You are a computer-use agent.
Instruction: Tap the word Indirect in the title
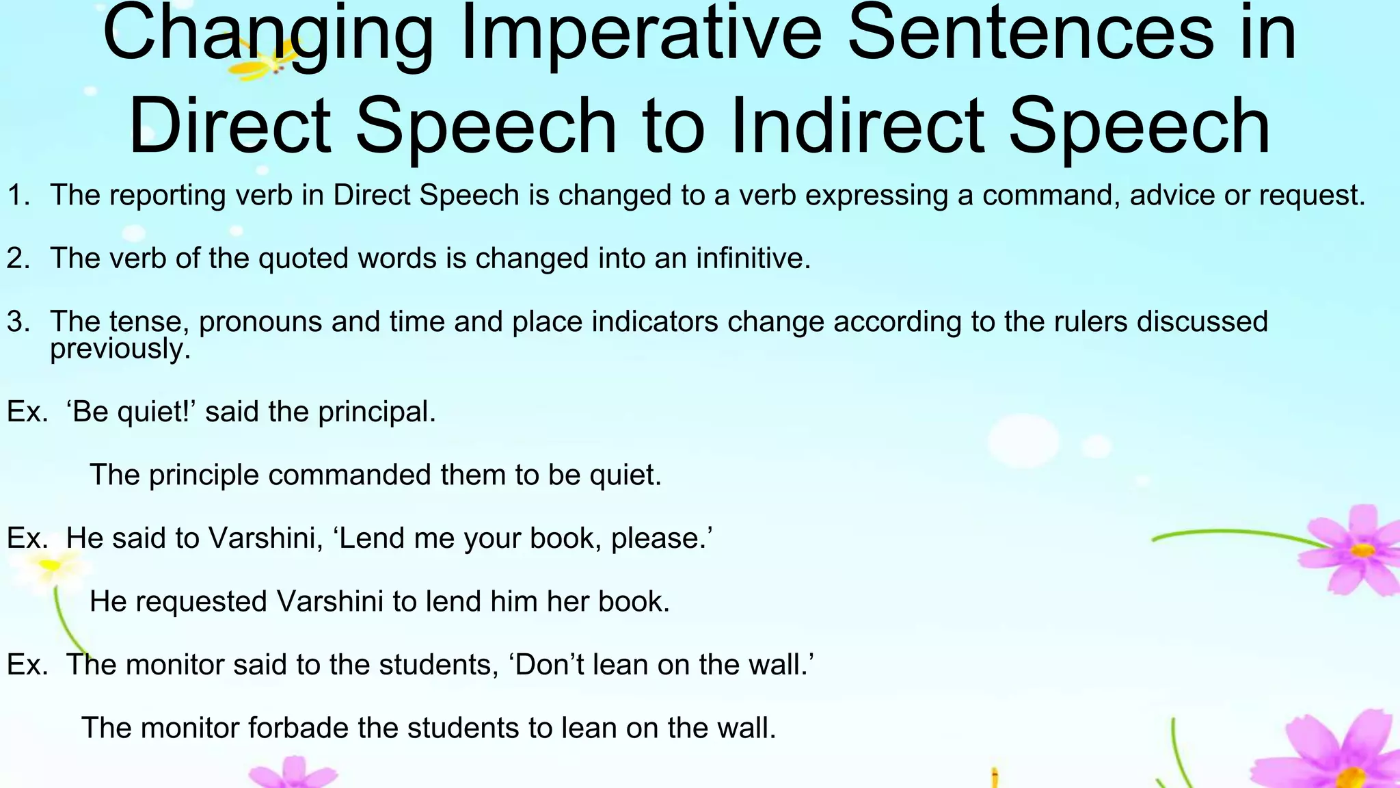click(857, 126)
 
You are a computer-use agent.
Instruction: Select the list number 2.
click(18, 259)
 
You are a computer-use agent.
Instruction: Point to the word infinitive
click(753, 259)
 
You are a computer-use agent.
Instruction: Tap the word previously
click(120, 349)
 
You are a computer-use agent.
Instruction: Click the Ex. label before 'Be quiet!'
click(27, 412)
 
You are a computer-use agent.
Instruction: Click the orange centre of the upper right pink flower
click(1362, 550)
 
